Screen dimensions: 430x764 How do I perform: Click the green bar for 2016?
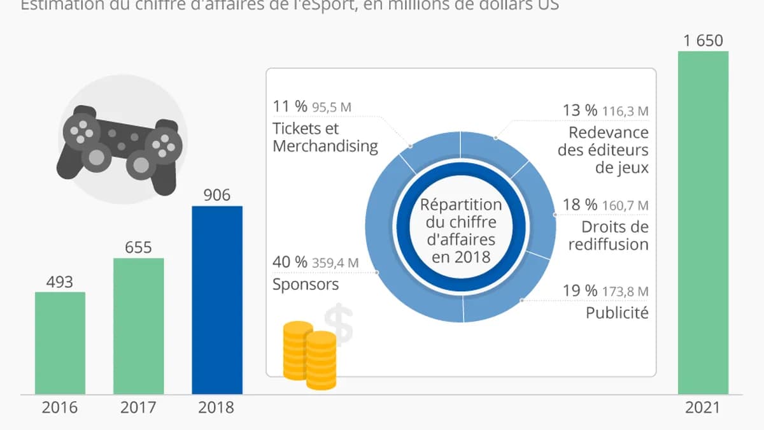pos(60,343)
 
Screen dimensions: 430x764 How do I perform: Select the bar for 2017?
pos(138,326)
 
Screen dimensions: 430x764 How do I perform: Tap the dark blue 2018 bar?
pos(217,299)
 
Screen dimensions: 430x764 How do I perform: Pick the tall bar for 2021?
pos(703,222)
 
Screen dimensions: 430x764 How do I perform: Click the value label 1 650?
pos(703,41)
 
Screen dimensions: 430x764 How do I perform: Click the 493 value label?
pos(60,281)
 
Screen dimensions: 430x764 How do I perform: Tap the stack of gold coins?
pos(309,354)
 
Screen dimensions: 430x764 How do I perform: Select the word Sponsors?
pos(306,284)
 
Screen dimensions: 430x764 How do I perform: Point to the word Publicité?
pos(616,313)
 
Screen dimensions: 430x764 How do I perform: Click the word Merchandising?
pos(325,146)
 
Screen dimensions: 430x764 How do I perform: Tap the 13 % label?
pos(579,111)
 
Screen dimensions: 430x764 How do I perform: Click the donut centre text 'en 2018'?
pos(461,257)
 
